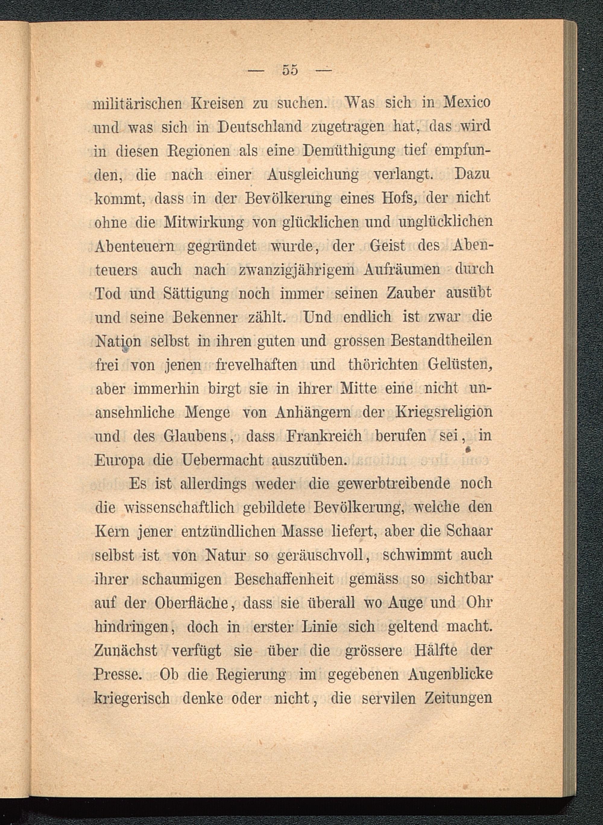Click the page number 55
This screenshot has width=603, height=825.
pos(290,70)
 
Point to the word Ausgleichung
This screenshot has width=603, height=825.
pos(313,175)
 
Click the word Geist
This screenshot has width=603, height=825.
pos(387,246)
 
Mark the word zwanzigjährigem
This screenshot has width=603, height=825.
pos(296,270)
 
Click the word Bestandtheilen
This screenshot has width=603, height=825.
pos(442,341)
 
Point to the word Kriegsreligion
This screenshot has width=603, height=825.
pos(444,412)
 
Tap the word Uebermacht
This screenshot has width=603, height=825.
pos(222,460)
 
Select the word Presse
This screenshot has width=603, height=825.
pos(118,674)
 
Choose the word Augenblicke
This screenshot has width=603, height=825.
pos(450,675)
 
